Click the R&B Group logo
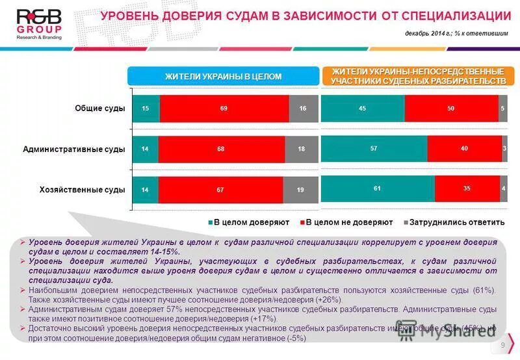tap(39, 24)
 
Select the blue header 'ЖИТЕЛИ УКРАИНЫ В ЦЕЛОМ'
tap(223, 77)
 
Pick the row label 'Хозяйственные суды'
tap(82, 190)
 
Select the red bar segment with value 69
tap(224, 109)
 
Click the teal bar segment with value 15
tap(146, 109)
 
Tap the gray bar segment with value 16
tap(303, 109)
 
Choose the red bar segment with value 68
tap(221, 149)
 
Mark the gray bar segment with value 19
tap(300, 190)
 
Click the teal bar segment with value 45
tap(363, 109)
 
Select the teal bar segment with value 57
tap(374, 149)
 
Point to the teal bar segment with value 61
tap(378, 188)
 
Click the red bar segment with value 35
tap(467, 188)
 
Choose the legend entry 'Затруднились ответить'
tap(454, 222)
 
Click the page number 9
tap(503, 344)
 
